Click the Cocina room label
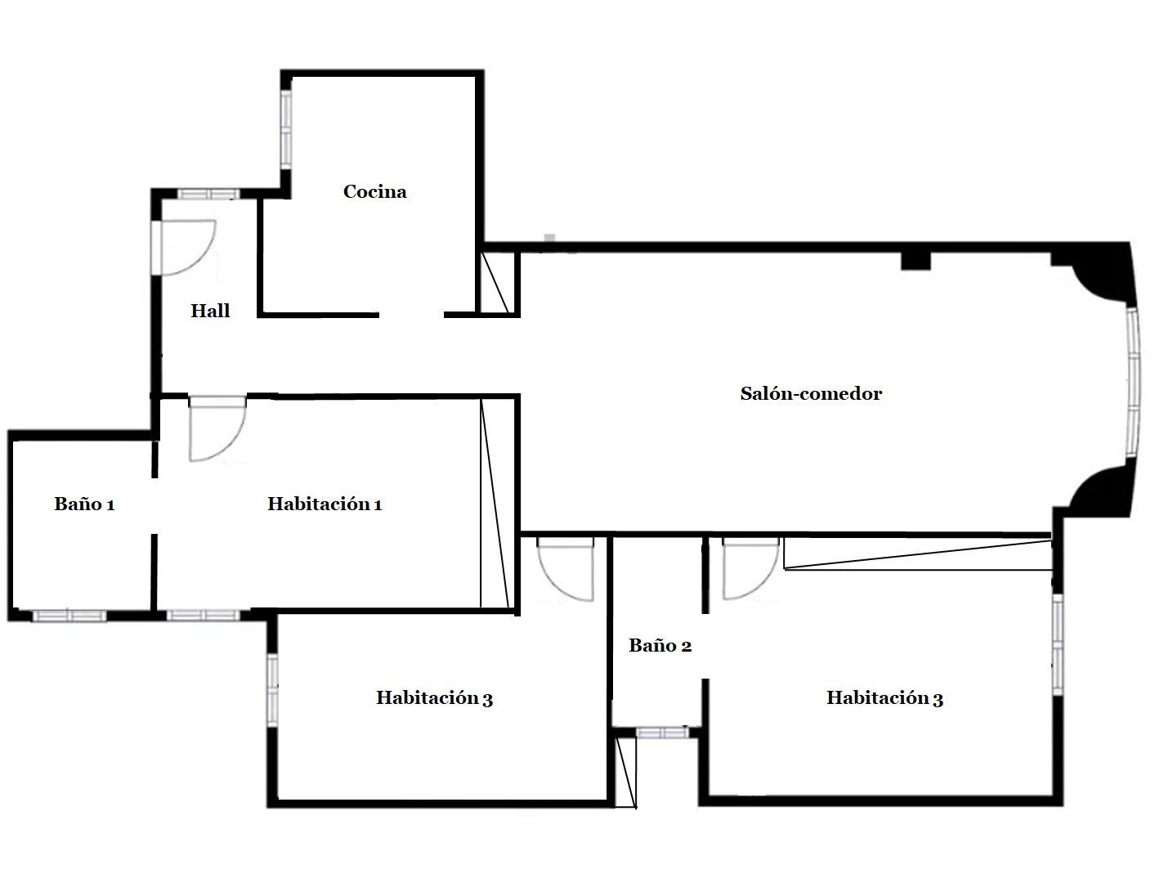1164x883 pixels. point(374,191)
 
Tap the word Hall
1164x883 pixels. point(210,310)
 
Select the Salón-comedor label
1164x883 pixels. point(811,393)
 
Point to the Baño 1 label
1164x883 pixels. point(84,504)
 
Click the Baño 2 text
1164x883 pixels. point(660,645)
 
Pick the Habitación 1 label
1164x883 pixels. point(325,504)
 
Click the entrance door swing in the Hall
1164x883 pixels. point(183,248)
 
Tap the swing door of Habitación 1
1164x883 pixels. point(217,428)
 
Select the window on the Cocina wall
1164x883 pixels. point(286,129)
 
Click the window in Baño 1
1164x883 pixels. point(69,615)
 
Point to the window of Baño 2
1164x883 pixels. point(662,733)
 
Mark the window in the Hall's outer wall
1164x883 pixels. point(208,194)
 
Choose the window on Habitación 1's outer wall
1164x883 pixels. point(203,615)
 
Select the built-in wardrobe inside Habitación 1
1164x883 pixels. point(495,504)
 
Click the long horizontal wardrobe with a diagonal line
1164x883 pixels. point(917,554)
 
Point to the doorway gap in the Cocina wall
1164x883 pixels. point(411,315)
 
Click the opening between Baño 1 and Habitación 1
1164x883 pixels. point(154,506)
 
